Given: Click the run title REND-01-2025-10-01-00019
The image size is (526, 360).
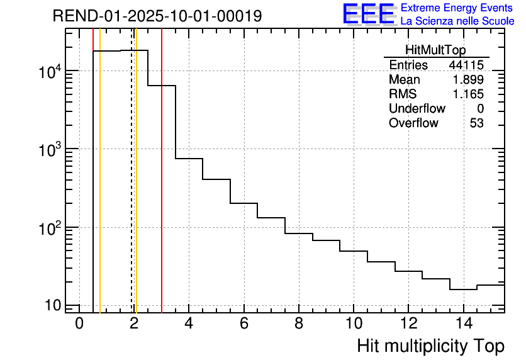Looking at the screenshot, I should [157, 16].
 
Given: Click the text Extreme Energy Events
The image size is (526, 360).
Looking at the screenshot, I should [457, 8].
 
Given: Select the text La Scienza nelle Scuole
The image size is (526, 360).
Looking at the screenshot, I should [457, 21].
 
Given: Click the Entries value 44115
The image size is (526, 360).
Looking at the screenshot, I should [466, 65].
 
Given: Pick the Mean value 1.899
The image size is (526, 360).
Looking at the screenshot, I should [468, 80].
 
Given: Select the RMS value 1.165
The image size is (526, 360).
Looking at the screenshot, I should [468, 94].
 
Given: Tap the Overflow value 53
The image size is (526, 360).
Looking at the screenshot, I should [476, 123].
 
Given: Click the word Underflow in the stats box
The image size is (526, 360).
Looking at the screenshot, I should [417, 108].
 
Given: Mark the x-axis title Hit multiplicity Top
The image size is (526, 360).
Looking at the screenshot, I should [430, 346].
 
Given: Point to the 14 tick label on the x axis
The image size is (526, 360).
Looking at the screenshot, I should [463, 323].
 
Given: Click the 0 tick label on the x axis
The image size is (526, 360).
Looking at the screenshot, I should [79, 323].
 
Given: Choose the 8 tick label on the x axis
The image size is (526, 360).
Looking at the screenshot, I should [299, 323].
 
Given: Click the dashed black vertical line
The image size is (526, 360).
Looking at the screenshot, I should [131, 189].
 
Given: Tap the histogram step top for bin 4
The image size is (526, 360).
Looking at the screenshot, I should [189, 159].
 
